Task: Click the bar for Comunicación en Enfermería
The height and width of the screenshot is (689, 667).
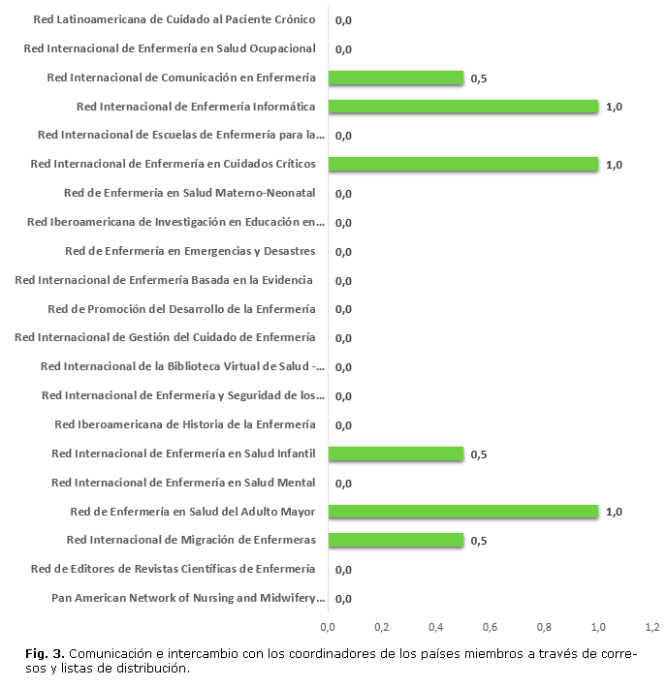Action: click(x=396, y=78)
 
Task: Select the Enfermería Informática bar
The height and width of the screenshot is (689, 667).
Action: click(x=463, y=107)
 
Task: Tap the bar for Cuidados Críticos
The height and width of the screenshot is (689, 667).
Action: click(x=463, y=165)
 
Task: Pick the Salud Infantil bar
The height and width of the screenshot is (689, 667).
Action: click(x=396, y=454)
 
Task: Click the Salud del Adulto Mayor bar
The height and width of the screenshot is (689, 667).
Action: click(x=463, y=512)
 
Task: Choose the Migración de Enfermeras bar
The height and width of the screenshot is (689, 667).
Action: click(x=396, y=540)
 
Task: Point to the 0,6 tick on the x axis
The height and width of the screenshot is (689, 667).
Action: click(x=491, y=626)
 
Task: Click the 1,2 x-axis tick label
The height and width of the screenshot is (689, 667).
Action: click(x=652, y=626)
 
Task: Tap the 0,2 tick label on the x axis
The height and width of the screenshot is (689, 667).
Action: click(x=382, y=626)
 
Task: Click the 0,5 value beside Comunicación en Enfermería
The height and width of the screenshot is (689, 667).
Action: click(x=478, y=78)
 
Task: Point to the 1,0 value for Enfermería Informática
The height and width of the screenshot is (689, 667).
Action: click(x=613, y=108)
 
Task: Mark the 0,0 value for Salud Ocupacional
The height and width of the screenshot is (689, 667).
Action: click(x=343, y=49)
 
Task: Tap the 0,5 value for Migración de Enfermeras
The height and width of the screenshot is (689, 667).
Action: click(x=478, y=541)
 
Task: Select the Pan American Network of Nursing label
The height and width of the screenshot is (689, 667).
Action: click(x=188, y=598)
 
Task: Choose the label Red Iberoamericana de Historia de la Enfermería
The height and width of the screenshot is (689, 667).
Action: click(x=185, y=424)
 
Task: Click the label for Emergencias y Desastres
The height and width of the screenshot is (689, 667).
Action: click(x=190, y=251)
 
